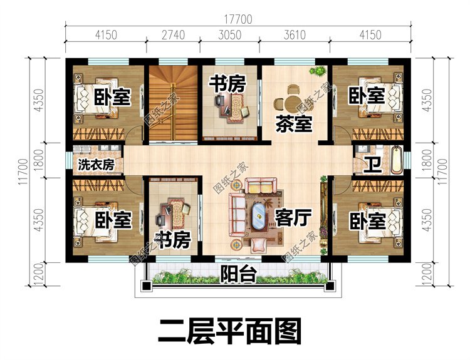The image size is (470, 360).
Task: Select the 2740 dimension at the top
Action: click(172, 34)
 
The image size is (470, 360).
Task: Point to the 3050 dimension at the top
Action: click(229, 34)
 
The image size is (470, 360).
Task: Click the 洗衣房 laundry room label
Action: click(95, 165)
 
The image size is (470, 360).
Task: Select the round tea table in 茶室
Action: click(291, 101)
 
